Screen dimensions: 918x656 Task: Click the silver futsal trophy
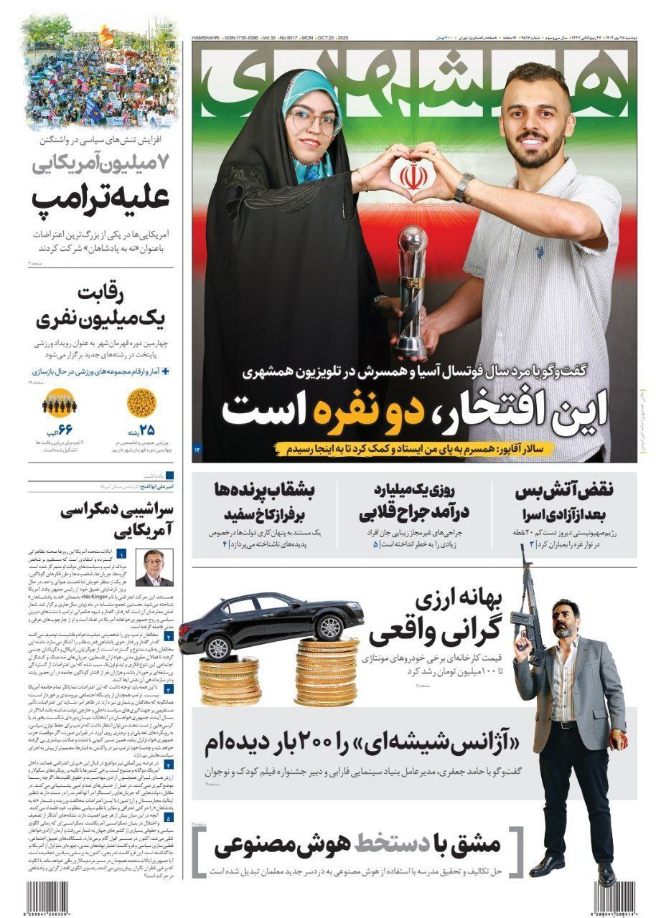point(413,287)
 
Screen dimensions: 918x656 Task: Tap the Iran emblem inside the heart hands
point(411,176)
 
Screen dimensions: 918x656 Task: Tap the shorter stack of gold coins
point(229,681)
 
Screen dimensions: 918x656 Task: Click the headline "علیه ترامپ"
point(100,199)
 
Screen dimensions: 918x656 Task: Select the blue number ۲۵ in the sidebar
point(146,430)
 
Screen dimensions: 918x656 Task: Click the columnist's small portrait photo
point(154,567)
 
